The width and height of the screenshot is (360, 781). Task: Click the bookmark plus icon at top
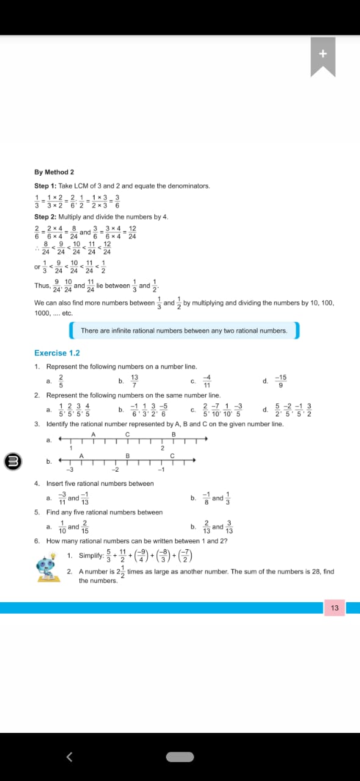click(323, 54)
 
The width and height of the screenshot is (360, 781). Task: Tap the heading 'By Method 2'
click(54, 172)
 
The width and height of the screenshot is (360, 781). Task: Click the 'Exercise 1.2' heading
click(57, 353)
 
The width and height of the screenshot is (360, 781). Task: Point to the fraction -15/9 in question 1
click(281, 381)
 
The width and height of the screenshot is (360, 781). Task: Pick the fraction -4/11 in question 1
click(206, 381)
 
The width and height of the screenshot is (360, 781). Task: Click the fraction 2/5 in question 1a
click(61, 381)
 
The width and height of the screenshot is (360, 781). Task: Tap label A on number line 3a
click(94, 434)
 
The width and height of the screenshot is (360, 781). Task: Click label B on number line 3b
click(128, 456)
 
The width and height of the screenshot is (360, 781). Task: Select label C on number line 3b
click(173, 456)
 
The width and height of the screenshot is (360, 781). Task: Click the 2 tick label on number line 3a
click(162, 448)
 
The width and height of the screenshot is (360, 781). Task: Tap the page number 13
click(334, 608)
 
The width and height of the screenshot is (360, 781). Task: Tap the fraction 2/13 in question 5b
click(207, 527)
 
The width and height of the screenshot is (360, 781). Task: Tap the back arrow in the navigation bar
click(69, 757)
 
